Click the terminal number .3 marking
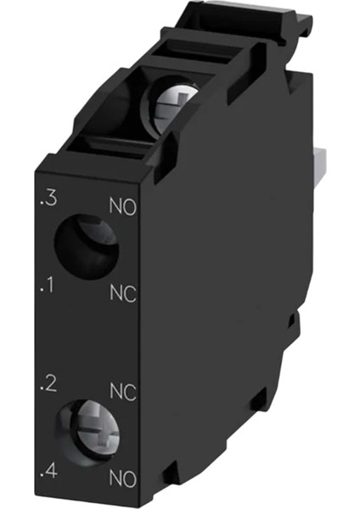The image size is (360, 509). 48,199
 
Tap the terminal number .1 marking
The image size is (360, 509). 47,286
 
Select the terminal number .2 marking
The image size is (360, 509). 48,384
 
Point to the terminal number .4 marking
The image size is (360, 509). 48,471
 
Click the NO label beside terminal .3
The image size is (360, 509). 122,207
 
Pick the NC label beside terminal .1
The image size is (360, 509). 123,294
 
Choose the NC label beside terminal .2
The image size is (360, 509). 123,392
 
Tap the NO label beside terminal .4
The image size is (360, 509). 122,478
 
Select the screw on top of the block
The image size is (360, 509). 173,103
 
